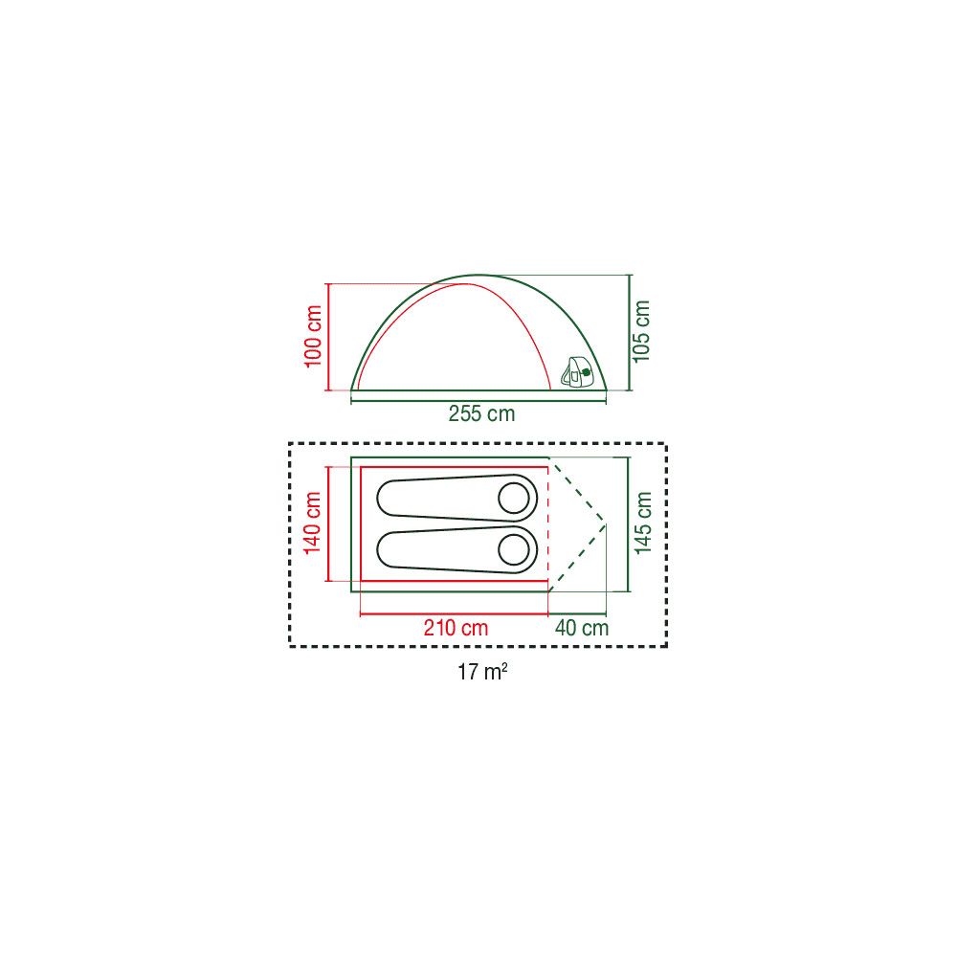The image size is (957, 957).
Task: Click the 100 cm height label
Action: point(313,336)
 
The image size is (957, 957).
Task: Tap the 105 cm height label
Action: point(641,331)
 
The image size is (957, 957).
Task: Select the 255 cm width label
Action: point(481,413)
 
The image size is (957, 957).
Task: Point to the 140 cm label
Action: point(313,523)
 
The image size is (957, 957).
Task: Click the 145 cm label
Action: point(643,523)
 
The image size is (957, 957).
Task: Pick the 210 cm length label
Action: point(456,628)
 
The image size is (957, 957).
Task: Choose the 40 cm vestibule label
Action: point(582,628)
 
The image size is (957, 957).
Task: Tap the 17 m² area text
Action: point(482,672)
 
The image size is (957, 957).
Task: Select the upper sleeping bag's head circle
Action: point(514,498)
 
